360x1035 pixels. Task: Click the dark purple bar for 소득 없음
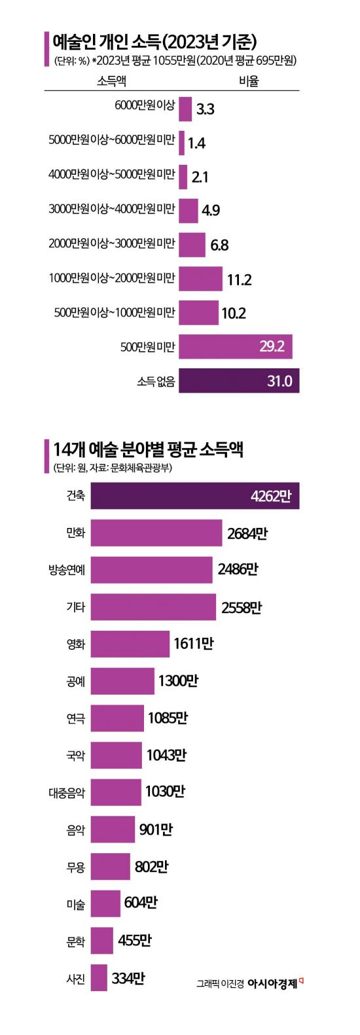click(238, 381)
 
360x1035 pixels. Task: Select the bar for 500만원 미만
click(235, 346)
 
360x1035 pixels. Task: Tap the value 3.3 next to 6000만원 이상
click(205, 109)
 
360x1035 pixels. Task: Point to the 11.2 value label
click(239, 280)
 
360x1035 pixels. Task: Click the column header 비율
click(249, 80)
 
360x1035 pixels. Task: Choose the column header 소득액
click(111, 80)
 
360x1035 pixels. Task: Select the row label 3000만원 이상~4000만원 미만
click(112, 209)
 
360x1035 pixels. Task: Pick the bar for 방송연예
click(151, 570)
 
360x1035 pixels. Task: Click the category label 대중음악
click(67, 793)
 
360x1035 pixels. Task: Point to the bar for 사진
click(99, 978)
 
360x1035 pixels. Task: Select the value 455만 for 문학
click(135, 941)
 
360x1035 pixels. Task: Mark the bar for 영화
click(130, 644)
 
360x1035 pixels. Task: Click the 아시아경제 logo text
click(272, 983)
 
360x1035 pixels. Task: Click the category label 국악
click(76, 756)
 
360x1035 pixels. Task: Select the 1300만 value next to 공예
click(178, 681)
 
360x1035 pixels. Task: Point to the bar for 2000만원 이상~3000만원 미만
click(192, 245)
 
